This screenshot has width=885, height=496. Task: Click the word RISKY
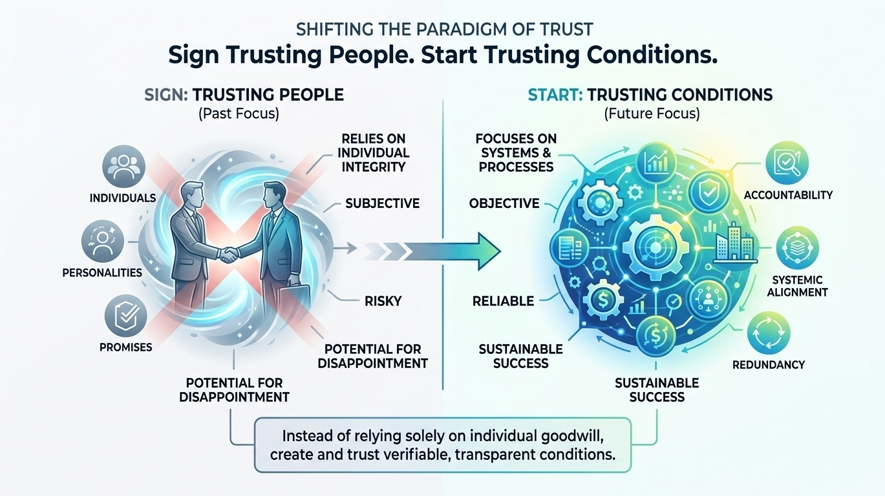coord(383,300)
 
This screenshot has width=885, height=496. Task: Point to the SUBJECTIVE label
coord(382,203)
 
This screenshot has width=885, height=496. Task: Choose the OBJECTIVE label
coord(504,203)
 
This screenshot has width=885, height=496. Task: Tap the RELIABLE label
coord(503,300)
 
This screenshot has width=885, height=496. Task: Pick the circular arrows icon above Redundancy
coord(768,334)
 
